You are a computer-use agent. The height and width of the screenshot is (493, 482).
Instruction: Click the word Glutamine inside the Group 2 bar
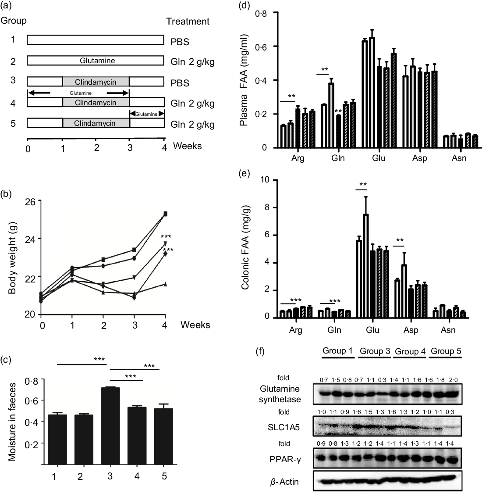pos(96,61)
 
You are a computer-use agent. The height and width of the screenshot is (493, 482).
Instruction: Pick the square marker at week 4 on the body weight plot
pos(165,214)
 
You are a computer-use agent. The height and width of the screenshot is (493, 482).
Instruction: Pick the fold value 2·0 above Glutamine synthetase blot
pos(456,376)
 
